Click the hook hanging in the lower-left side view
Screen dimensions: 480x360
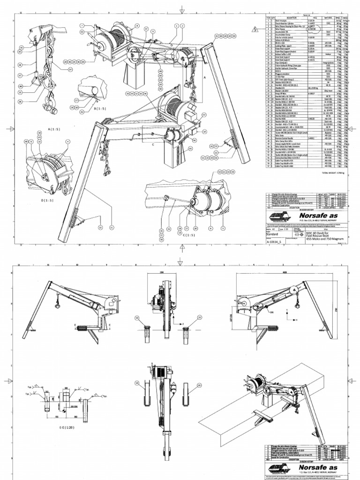(55, 306)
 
